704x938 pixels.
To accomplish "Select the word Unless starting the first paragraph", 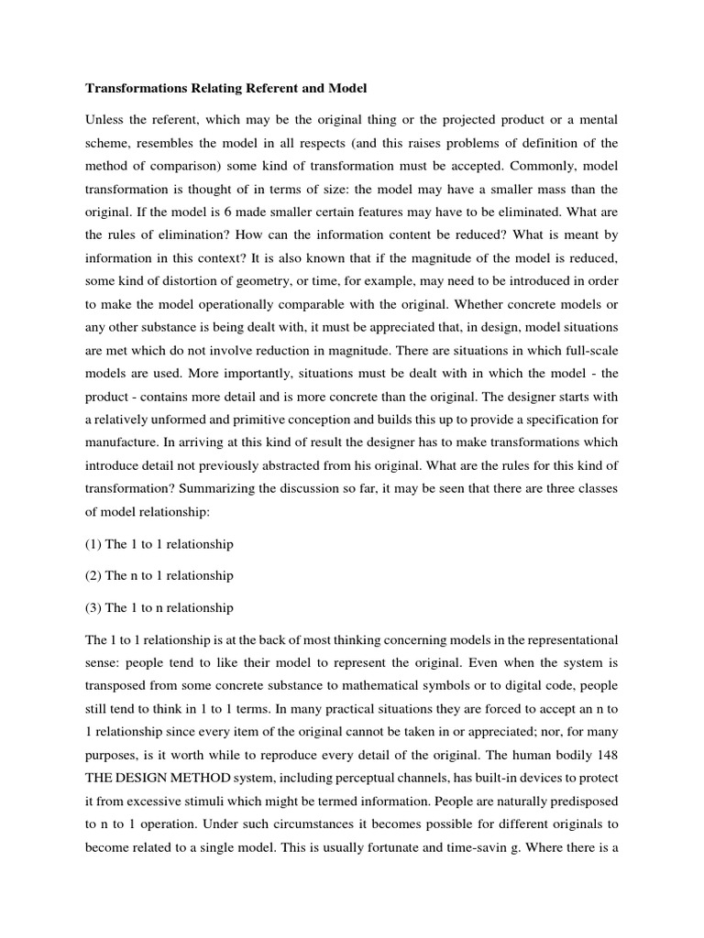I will coord(104,119).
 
